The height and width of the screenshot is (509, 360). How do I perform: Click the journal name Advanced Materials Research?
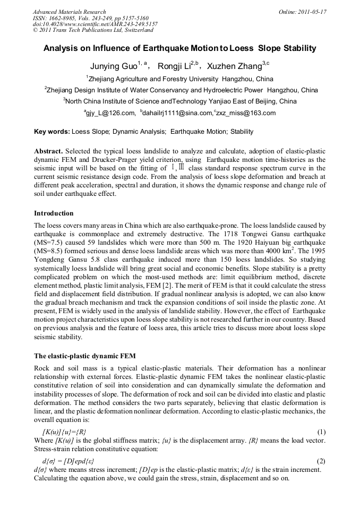pos(70,12)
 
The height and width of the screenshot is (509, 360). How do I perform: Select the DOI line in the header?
pos(95,24)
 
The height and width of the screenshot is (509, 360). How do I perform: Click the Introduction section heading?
pos(54,213)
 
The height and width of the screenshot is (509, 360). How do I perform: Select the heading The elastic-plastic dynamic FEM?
pos(85,356)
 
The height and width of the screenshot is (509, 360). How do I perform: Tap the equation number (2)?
pos(321,462)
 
